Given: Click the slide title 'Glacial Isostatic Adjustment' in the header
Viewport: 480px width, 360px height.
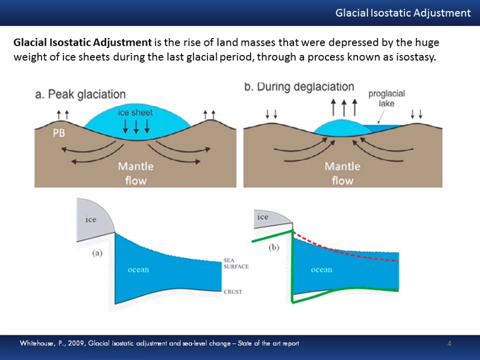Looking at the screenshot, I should tap(403, 13).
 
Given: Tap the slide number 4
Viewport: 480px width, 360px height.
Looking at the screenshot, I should tap(449, 344).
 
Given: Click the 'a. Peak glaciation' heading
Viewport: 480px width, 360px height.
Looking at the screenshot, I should tap(80, 95).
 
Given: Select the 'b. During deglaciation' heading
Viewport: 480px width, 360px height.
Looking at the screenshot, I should tap(299, 87).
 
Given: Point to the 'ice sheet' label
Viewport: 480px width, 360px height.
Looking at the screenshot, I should tap(135, 112).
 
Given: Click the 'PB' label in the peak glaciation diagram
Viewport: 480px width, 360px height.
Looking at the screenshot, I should tap(59, 133).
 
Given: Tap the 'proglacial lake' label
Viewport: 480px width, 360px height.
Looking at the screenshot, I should tap(386, 98).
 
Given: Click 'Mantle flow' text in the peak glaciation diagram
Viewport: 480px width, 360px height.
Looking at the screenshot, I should tap(135, 173).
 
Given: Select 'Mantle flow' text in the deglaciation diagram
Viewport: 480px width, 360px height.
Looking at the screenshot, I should tap(342, 173).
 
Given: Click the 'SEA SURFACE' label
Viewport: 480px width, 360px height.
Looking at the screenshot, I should tap(236, 263).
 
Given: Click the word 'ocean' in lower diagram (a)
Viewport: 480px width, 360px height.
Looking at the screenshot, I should tap(138, 270).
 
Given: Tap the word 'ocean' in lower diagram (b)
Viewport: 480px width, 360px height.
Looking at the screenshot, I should tap(322, 270).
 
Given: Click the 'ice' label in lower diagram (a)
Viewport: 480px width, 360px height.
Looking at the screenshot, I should tap(91, 219).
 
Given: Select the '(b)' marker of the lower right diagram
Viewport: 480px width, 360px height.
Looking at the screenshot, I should tap(274, 248).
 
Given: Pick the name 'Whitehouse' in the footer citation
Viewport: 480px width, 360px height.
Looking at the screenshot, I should tap(38, 344).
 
